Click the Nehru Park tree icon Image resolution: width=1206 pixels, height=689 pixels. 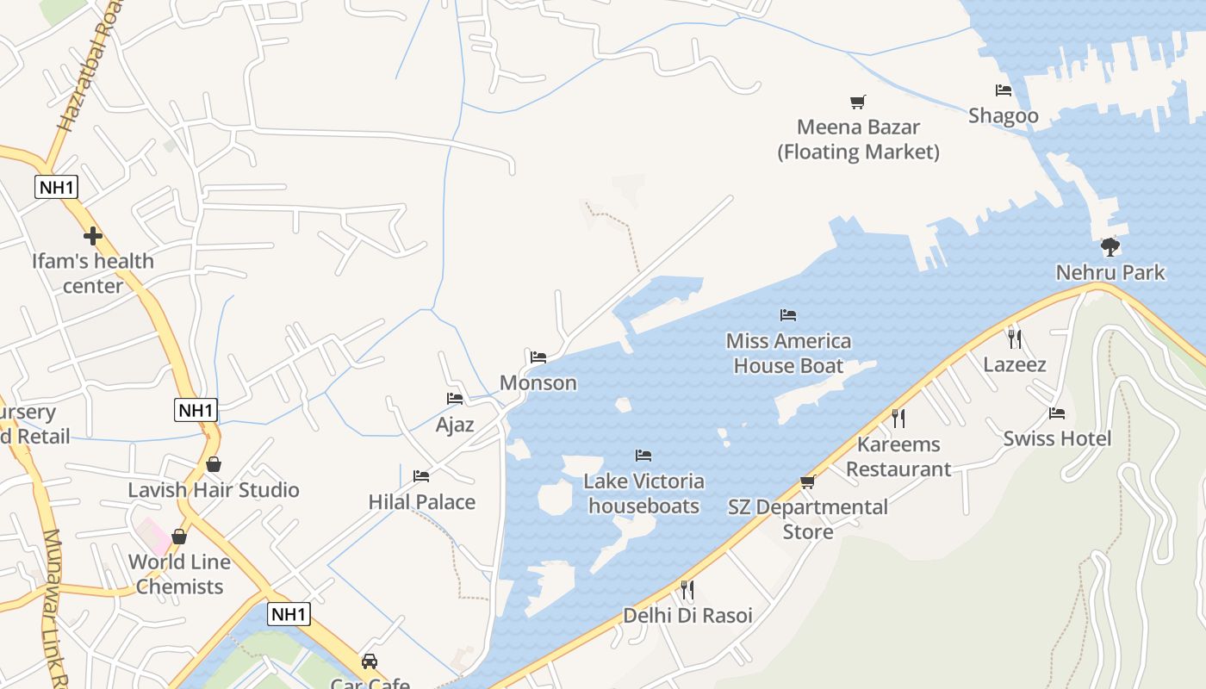click(1110, 247)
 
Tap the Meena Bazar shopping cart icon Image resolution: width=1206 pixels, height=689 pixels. click(857, 102)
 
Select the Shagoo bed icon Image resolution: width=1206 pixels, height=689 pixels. click(1003, 90)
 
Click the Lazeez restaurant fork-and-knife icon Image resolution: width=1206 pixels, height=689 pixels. click(1015, 338)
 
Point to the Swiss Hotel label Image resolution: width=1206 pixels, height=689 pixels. click(1057, 438)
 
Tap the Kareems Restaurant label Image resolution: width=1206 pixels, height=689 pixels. click(898, 456)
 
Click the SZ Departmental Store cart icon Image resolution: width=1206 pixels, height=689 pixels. click(807, 481)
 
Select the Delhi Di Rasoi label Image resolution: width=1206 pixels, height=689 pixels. click(687, 616)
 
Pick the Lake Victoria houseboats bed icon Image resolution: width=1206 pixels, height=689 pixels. click(643, 456)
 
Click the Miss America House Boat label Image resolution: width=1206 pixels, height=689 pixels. click(788, 353)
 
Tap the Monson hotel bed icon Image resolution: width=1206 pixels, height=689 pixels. click(538, 357)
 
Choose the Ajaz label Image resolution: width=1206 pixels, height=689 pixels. click(455, 424)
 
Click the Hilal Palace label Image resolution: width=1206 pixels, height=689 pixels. click(421, 501)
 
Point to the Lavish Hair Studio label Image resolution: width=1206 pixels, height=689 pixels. click(214, 490)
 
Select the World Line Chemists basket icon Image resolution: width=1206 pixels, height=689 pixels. click(179, 537)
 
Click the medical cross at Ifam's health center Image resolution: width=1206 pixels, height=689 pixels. click(93, 235)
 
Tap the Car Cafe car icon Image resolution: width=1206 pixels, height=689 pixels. click(370, 661)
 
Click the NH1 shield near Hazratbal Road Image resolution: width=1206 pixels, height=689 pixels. click(57, 187)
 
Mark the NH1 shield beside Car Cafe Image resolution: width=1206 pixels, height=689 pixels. click(288, 614)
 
